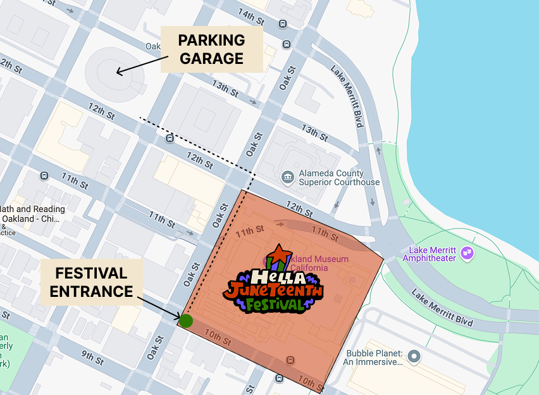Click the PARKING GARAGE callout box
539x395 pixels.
coord(211,49)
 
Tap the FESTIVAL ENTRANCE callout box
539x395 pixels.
coord(91,282)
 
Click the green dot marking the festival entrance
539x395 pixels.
coord(185,320)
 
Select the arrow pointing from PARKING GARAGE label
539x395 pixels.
coord(138,65)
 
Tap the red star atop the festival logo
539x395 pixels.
coord(280,254)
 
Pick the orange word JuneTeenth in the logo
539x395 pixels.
coord(273,291)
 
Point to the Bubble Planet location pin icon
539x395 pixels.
coord(414,357)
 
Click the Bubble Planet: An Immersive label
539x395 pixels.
coord(374,358)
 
